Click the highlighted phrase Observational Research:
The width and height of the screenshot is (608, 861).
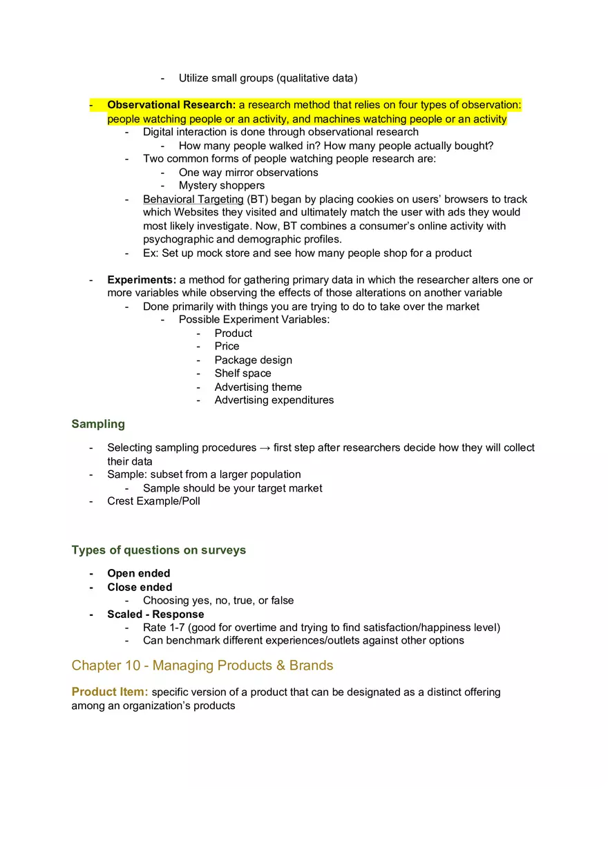point(171,105)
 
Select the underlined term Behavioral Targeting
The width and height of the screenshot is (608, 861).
point(193,199)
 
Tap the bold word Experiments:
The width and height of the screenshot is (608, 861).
point(142,280)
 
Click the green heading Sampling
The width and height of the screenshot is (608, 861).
point(98,424)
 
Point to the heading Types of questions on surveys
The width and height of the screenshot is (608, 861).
point(158,550)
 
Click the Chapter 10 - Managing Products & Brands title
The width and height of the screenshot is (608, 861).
point(202,666)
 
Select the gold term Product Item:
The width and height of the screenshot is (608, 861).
point(110,692)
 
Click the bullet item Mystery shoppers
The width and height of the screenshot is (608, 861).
point(221,185)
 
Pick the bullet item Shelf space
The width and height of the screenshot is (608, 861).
point(243,373)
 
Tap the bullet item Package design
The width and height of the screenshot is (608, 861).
point(253,360)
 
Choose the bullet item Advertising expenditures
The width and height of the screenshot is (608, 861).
point(274,400)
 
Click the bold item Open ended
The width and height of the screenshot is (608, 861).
point(138,573)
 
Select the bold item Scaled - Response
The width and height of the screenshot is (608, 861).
point(155,614)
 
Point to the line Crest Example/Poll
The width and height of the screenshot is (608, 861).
point(153,501)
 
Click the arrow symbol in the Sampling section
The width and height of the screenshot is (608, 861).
point(265,447)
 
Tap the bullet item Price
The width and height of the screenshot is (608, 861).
point(227,346)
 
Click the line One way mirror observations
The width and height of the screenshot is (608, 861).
point(248,172)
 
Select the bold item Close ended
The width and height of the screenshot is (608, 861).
point(140,587)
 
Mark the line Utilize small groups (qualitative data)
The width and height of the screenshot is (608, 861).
point(268,78)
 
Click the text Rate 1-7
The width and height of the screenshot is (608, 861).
point(164,628)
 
